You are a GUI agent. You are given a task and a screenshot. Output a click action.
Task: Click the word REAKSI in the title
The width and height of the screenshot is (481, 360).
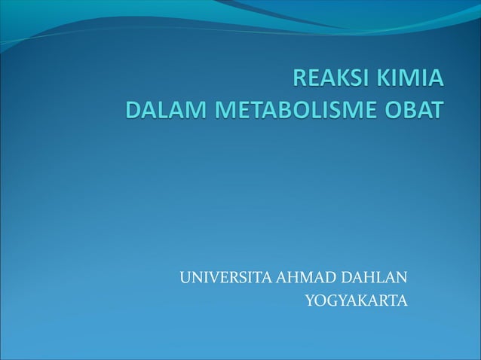pyautogui.click(x=329, y=80)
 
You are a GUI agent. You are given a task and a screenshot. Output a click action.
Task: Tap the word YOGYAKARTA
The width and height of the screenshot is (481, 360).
pyautogui.click(x=356, y=301)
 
